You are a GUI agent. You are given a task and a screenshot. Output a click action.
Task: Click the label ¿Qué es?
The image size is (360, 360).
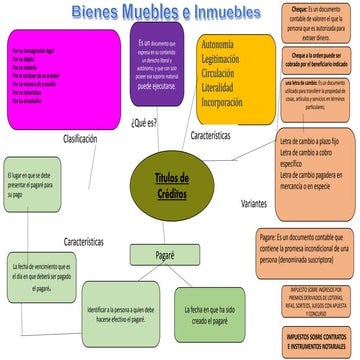[x=144, y=125]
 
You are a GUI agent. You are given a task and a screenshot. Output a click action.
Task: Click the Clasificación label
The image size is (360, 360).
[x=86, y=138]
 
